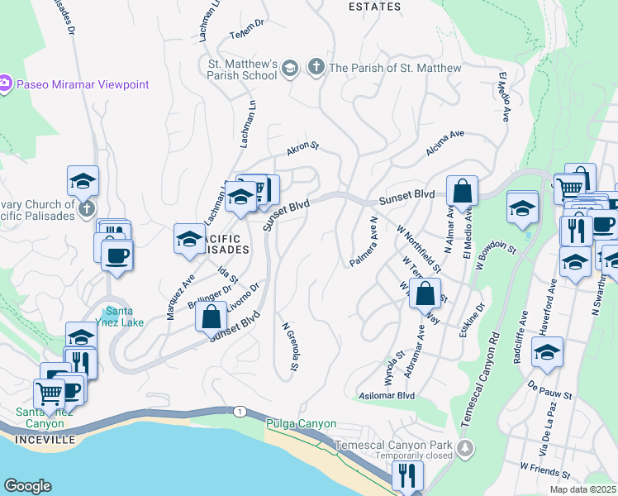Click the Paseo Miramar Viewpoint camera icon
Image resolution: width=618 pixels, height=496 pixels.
(5, 83)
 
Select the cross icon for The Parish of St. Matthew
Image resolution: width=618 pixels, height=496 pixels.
(315, 67)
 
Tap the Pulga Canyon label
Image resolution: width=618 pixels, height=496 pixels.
(301, 423)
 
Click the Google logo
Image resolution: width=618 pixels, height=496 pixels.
(27, 486)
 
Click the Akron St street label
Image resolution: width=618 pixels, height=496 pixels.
(302, 149)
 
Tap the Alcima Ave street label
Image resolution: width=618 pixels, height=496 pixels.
(445, 140)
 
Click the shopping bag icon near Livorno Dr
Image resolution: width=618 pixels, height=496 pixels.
(212, 315)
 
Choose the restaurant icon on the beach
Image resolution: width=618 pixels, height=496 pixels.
(407, 475)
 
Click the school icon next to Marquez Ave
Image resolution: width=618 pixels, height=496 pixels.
(189, 238)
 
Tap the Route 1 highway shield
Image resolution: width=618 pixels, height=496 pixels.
(239, 411)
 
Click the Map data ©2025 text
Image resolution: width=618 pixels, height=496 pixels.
(583, 489)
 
